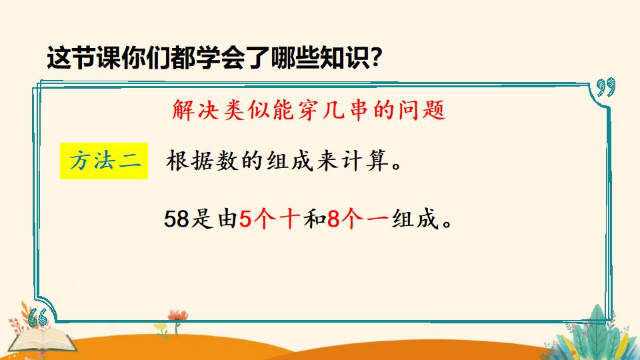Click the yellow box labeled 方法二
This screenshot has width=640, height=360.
point(104,161)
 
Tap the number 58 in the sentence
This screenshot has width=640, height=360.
point(177,219)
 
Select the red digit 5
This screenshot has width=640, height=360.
point(245,219)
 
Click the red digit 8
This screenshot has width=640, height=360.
point(333,219)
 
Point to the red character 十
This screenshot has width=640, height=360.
point(290,219)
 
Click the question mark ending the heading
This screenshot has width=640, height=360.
point(375,57)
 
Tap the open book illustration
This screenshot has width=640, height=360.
point(43,341)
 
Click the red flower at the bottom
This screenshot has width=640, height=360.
point(177,315)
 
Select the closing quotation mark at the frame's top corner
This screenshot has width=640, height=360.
point(606,87)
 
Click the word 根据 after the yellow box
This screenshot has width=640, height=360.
point(189,161)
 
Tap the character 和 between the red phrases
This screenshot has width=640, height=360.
point(314,219)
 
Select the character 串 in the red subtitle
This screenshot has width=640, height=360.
point(359,110)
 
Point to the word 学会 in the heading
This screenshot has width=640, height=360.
point(221,58)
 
